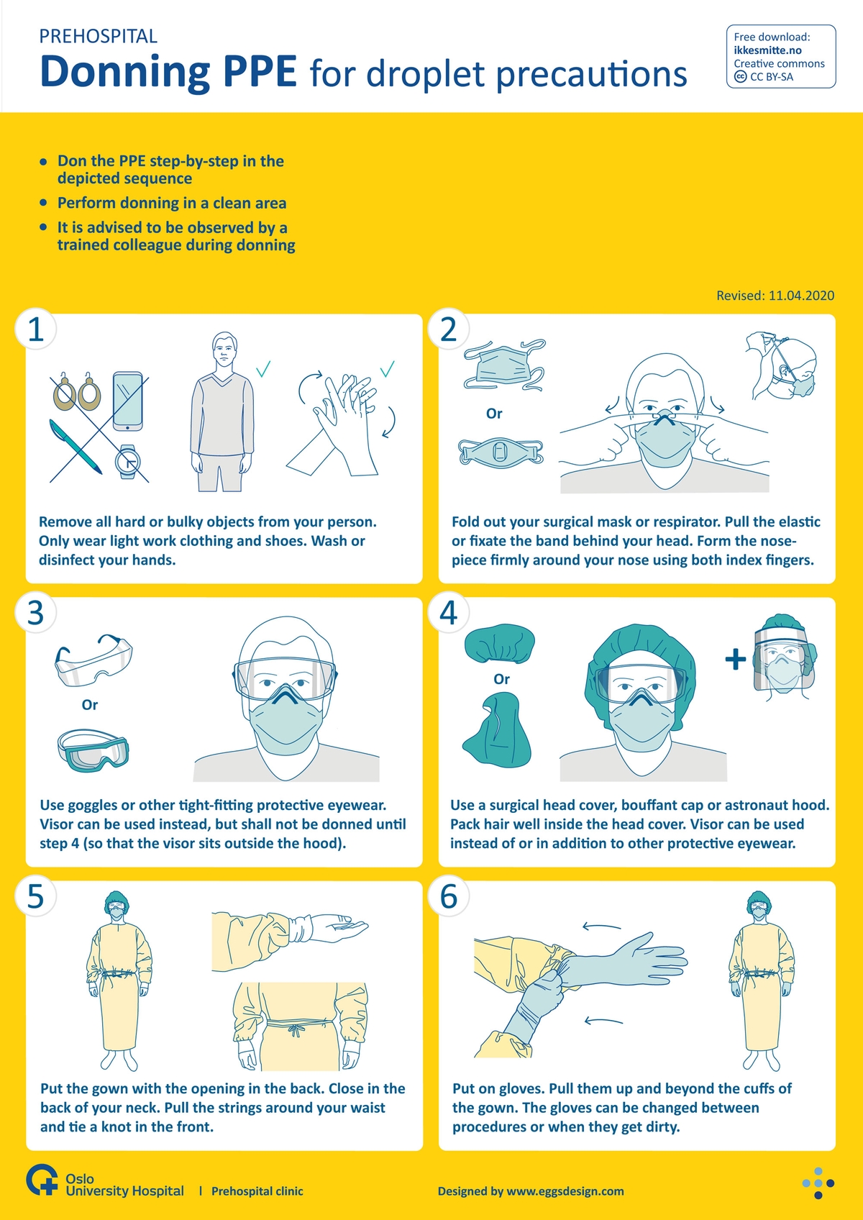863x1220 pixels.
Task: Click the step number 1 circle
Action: click(x=36, y=329)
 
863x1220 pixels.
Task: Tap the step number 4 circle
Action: click(x=449, y=613)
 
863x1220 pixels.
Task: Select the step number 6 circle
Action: click(x=449, y=896)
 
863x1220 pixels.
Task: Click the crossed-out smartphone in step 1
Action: click(x=128, y=401)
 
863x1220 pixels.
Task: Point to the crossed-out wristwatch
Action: click(x=127, y=462)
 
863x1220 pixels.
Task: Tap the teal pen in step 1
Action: click(x=75, y=446)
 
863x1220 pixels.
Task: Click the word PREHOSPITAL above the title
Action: click(x=99, y=37)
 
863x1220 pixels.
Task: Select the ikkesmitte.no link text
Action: click(x=767, y=50)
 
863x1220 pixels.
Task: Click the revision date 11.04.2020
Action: click(x=801, y=295)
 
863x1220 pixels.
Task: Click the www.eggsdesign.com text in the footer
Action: click(x=565, y=1191)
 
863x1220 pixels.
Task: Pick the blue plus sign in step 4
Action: click(x=736, y=659)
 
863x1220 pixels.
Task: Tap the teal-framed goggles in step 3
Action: click(x=93, y=750)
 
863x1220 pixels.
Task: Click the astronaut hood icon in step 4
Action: click(x=496, y=730)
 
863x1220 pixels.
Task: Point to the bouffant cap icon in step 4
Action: click(x=499, y=645)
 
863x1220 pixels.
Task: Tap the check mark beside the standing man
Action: click(x=263, y=369)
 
